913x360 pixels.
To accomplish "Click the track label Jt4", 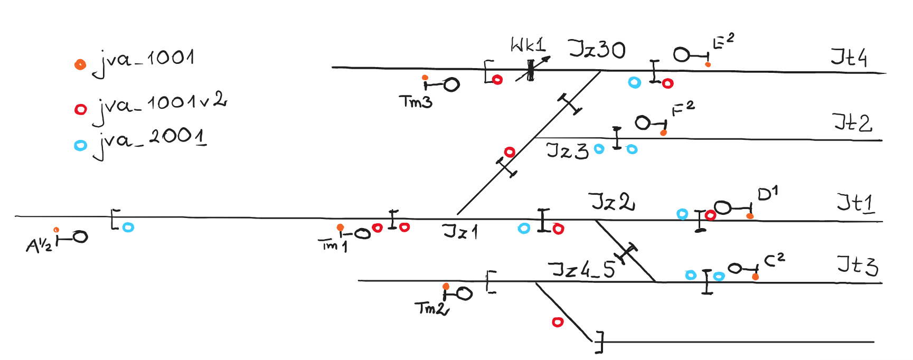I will coord(849,57).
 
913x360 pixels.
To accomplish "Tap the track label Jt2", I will coord(852,122).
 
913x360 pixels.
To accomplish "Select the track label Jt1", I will coord(855,203).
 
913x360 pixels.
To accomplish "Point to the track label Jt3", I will coord(857,265).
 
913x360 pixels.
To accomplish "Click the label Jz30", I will coord(597,50).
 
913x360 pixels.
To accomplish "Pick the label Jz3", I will coord(567,150).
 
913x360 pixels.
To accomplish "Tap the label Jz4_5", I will coord(583,269).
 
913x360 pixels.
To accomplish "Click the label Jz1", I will coord(460,231).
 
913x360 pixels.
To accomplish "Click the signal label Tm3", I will coord(416,101).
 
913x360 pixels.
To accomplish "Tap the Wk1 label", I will coord(528,45).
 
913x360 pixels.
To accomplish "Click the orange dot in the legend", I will coord(80,64).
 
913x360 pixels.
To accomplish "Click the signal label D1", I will coord(767,194).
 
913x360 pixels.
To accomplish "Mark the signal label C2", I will coord(775,259).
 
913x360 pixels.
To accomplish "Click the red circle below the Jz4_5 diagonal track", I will coord(558,322).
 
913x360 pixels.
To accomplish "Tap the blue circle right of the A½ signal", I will coord(128,228).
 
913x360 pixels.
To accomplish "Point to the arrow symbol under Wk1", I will coord(532,69).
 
